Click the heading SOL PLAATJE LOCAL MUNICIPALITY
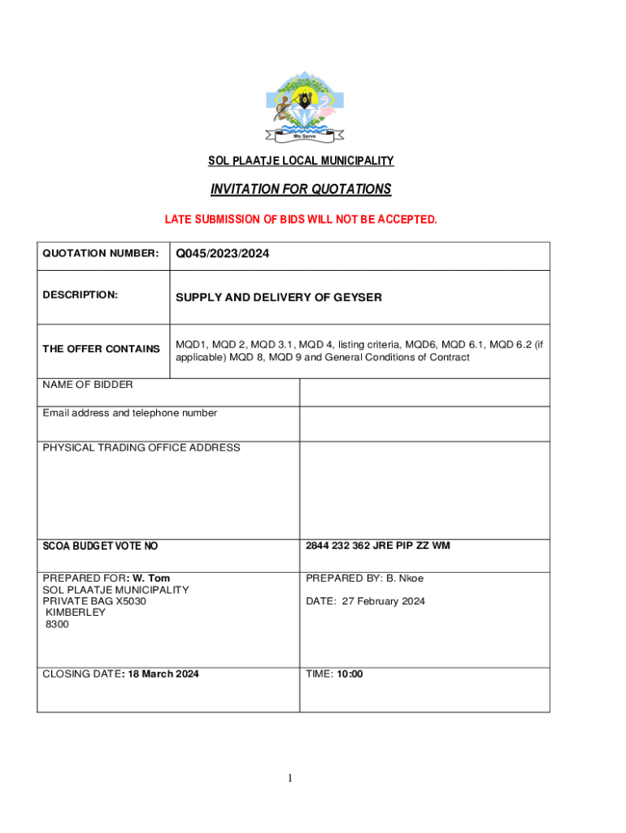(301, 161)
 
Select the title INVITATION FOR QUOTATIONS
(301, 190)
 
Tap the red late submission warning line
(301, 220)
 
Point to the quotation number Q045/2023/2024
(222, 255)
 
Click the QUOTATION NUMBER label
(100, 254)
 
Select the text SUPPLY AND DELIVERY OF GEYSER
(278, 298)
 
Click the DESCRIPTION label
(80, 294)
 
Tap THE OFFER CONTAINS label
(101, 349)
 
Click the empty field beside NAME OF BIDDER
(424, 392)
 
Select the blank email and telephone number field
(424, 423)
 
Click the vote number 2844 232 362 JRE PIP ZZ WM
(377, 546)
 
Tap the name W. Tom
(154, 578)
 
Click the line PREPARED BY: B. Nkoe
(364, 578)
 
